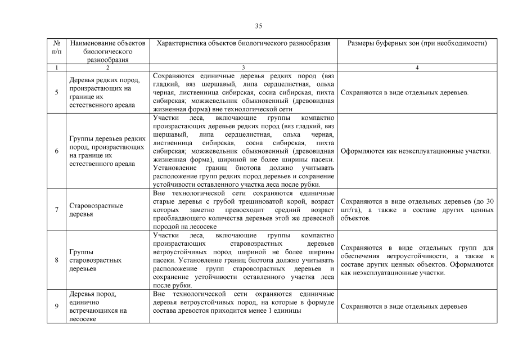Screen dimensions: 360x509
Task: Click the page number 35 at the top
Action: click(x=259, y=26)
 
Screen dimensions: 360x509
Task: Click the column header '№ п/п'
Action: click(x=56, y=47)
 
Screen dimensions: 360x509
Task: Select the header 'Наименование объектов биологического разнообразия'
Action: click(x=107, y=51)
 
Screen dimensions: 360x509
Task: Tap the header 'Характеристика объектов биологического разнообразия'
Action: click(x=244, y=43)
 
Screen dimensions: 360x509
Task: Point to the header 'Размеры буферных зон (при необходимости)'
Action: click(x=417, y=43)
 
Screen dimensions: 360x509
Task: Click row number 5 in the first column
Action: click(x=56, y=93)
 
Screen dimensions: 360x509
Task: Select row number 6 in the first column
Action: click(x=56, y=151)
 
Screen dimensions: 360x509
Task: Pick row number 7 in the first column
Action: click(x=56, y=210)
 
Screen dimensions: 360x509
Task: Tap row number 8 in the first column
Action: click(x=56, y=260)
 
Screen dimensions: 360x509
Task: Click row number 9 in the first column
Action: click(x=56, y=306)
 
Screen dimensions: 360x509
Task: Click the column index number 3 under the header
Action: click(x=244, y=67)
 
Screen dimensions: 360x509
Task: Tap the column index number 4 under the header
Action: click(x=417, y=67)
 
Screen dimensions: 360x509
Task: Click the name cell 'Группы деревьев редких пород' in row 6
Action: click(x=107, y=151)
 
